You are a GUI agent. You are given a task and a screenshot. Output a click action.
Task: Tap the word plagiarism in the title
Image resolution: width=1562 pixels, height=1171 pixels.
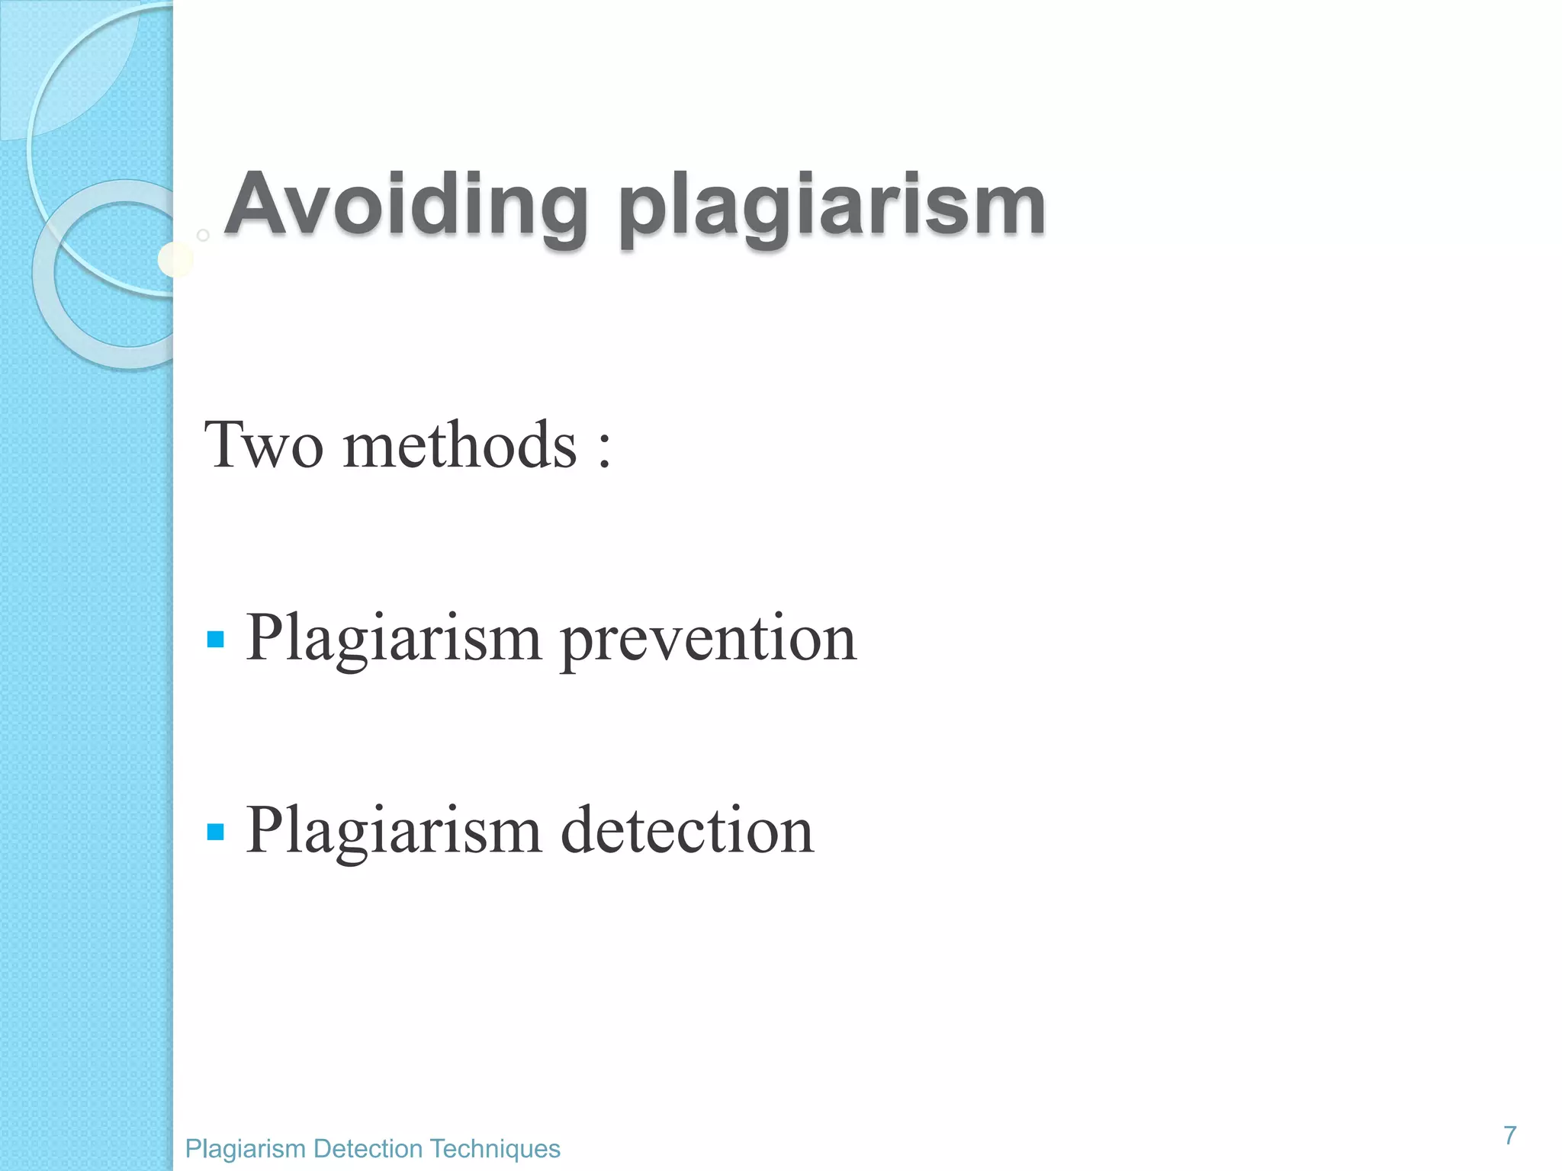point(832,206)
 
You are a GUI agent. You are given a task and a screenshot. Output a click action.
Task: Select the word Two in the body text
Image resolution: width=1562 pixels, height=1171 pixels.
point(263,445)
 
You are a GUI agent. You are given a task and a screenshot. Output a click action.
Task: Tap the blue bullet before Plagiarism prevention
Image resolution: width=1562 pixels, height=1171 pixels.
point(216,639)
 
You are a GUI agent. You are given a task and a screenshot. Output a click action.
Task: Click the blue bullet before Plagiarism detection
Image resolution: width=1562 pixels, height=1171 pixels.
point(216,831)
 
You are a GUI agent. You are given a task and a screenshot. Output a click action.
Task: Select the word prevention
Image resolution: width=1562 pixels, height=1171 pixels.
point(709,639)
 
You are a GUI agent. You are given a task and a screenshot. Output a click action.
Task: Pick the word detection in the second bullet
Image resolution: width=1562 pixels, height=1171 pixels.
point(687,830)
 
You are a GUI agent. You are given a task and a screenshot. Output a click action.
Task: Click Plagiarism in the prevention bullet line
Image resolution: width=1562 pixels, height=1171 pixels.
point(394,639)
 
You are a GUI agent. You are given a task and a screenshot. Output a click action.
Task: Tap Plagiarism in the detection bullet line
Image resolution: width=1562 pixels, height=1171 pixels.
point(394,830)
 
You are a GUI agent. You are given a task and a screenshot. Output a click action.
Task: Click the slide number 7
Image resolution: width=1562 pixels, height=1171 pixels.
point(1509,1135)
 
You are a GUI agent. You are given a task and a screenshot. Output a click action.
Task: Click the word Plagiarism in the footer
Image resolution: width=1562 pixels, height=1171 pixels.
point(246,1148)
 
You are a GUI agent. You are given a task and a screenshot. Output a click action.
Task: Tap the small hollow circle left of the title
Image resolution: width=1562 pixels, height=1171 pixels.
point(203,235)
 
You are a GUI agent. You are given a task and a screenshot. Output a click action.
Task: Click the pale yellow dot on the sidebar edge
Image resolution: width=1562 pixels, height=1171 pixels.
point(175,260)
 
